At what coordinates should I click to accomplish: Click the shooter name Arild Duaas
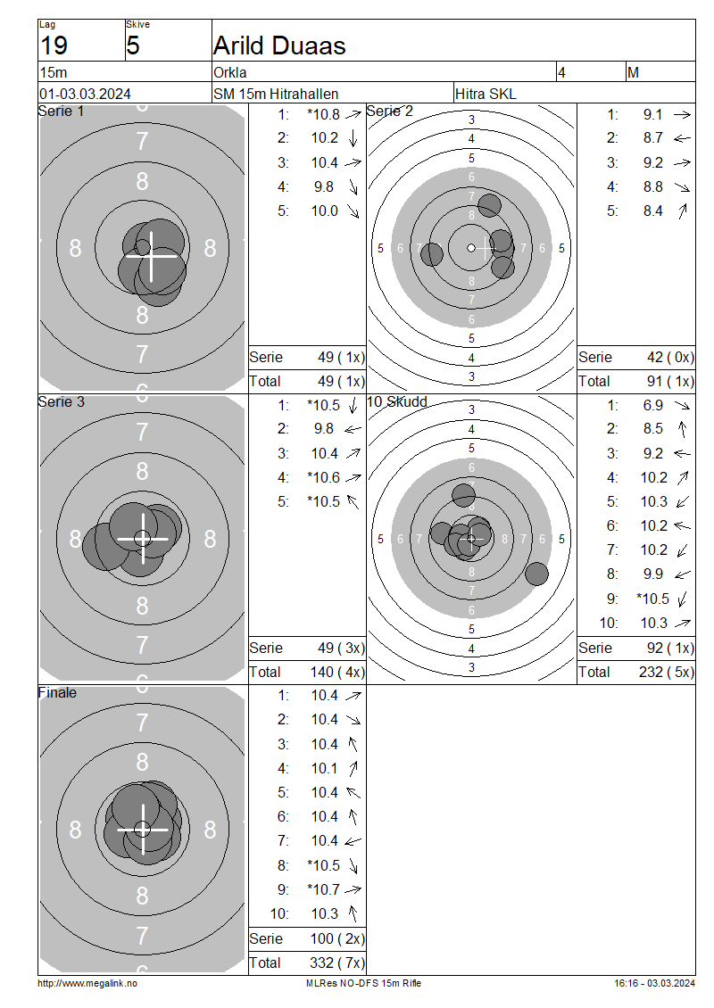tap(279, 45)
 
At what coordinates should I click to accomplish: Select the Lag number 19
tap(54, 45)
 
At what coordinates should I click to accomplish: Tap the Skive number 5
tap(132, 45)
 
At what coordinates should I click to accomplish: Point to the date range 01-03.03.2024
tap(85, 94)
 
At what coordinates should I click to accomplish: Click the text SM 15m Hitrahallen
tap(276, 94)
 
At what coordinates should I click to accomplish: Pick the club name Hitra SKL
tap(486, 94)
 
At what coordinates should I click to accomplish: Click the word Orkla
tap(230, 72)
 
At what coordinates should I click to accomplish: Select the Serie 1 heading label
tap(61, 112)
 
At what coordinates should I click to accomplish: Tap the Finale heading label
tap(57, 692)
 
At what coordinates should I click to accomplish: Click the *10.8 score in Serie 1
tap(324, 114)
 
